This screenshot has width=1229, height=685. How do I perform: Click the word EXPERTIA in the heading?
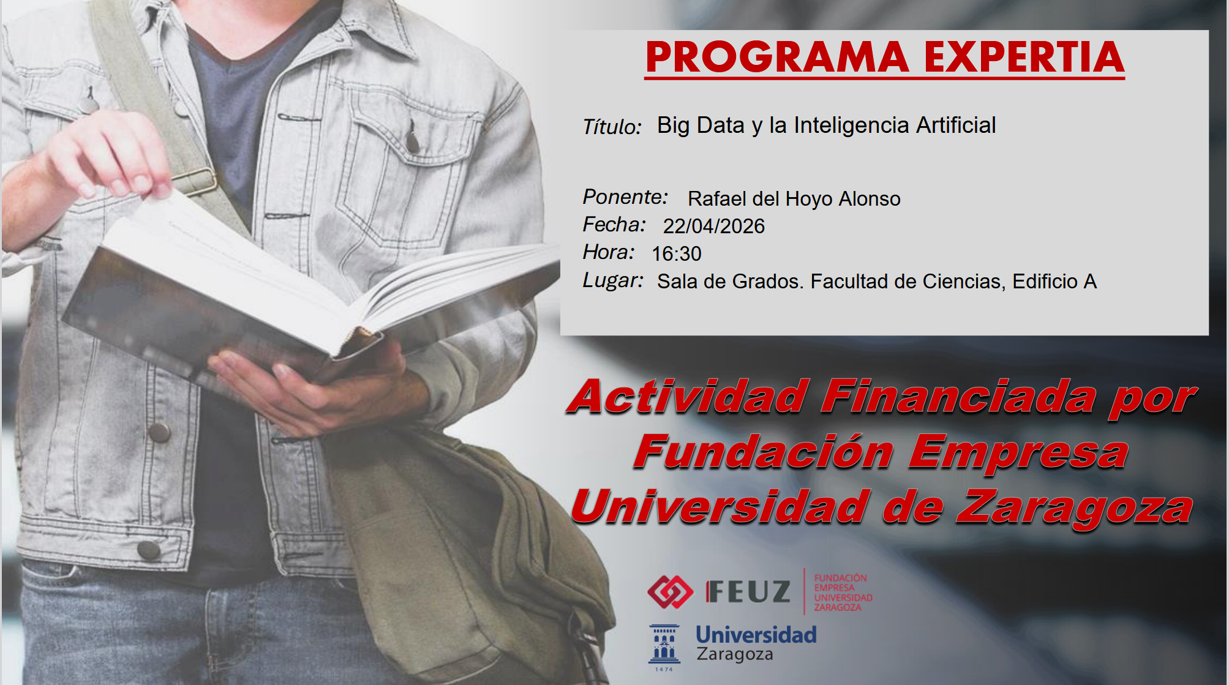click(x=1024, y=57)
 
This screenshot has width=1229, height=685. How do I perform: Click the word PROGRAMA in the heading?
click(x=777, y=57)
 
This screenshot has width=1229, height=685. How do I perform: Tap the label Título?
click(x=612, y=126)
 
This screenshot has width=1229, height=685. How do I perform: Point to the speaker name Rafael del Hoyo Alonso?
click(x=794, y=198)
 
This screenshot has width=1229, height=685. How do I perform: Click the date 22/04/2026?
click(x=713, y=226)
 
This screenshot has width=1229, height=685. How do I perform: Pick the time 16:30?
click(x=676, y=253)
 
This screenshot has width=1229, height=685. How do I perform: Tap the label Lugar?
click(x=612, y=280)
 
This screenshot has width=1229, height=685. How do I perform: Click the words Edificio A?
click(x=1054, y=281)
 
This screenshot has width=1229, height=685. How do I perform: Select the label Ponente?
click(x=625, y=197)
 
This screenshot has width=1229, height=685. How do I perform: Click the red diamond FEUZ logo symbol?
click(x=670, y=591)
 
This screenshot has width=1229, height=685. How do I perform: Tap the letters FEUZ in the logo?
click(x=748, y=592)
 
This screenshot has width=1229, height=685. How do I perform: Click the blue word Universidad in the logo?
click(x=756, y=635)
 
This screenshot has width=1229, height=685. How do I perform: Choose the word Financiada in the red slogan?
click(x=958, y=396)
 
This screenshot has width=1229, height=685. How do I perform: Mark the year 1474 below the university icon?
click(x=664, y=669)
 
